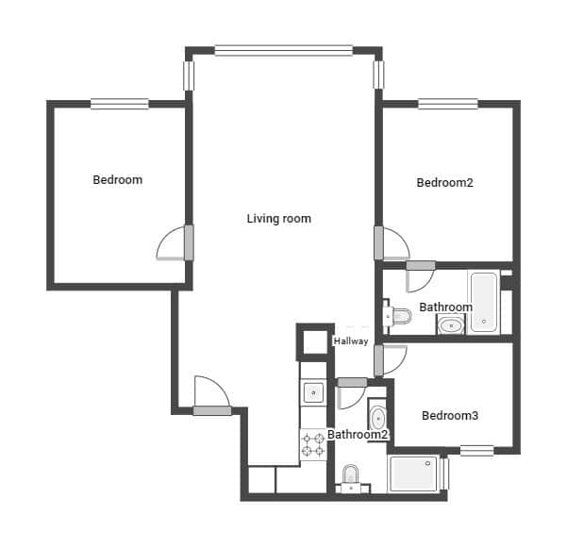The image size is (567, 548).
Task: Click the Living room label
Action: pyautogui.click(x=278, y=219)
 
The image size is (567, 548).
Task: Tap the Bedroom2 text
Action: pyautogui.click(x=444, y=183)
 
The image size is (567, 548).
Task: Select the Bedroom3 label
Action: pyautogui.click(x=449, y=415)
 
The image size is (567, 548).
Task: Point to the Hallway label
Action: pyautogui.click(x=351, y=341)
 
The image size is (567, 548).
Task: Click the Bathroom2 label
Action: pyautogui.click(x=358, y=435)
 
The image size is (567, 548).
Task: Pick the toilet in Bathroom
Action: pyautogui.click(x=398, y=315)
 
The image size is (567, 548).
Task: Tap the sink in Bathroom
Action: pyautogui.click(x=450, y=326)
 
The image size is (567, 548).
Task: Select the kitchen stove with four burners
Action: pyautogui.click(x=312, y=444)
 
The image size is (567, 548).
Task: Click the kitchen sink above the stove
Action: pyautogui.click(x=312, y=391)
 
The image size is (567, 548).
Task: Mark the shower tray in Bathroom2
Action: pyautogui.click(x=414, y=473)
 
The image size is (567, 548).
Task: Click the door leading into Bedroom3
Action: pyautogui.click(x=390, y=360)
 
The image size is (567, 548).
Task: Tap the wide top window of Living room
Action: pyautogui.click(x=283, y=50)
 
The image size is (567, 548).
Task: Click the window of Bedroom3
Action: pyautogui.click(x=476, y=450)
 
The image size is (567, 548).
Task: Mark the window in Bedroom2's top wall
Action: pyautogui.click(x=447, y=104)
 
